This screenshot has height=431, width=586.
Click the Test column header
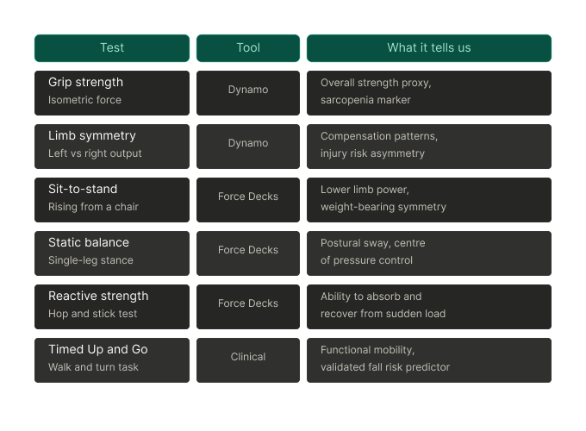[112, 48]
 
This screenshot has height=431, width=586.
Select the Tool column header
[248, 48]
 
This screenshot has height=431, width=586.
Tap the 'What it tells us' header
[429, 48]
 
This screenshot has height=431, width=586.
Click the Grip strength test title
[85, 82]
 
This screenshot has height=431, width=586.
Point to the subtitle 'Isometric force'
[84, 100]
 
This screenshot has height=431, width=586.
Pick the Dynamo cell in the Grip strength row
[248, 93]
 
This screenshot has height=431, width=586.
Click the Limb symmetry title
[92, 135]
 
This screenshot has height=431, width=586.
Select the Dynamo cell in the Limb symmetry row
[248, 147]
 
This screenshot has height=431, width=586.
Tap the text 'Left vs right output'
[95, 153]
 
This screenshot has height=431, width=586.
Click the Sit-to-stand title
[83, 189]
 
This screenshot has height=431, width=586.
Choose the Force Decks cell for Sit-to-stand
[248, 200]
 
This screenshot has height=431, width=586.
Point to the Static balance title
[89, 242]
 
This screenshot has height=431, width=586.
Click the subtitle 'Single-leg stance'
[90, 260]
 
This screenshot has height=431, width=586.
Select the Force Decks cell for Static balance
[248, 253]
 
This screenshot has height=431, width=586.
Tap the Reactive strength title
[98, 296]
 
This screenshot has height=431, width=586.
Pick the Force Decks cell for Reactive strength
[248, 307]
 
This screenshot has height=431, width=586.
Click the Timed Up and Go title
[98, 349]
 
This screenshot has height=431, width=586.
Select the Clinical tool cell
[248, 360]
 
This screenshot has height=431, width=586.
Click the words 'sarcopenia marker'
[365, 100]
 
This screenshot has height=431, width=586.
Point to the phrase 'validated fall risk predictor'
[385, 367]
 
